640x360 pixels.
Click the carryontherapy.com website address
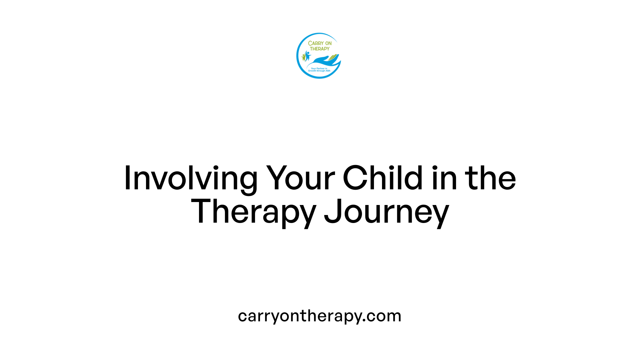[320, 316]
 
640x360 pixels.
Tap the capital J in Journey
[332, 211]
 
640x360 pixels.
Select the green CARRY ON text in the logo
[320, 43]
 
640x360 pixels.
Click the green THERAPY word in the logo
[320, 49]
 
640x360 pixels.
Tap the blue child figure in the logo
[307, 55]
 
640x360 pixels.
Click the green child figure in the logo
[303, 57]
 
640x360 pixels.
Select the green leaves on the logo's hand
[333, 58]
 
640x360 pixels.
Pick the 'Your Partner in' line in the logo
[319, 68]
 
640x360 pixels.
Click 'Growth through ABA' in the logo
[319, 71]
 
